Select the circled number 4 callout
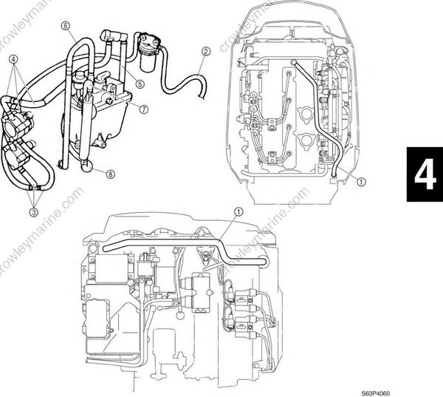14,58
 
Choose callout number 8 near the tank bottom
111,174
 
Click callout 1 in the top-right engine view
360,180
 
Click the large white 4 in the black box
424,175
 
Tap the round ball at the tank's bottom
89,166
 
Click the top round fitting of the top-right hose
295,63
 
